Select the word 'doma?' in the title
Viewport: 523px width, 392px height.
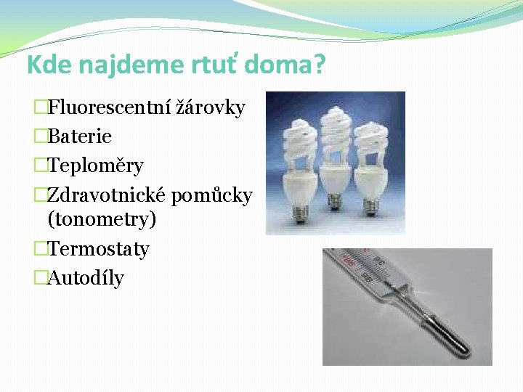285,65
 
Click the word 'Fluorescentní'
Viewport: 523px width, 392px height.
109,108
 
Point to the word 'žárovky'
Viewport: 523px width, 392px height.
211,108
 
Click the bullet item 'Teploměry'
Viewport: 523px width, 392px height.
95,166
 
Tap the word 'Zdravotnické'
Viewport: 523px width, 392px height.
107,195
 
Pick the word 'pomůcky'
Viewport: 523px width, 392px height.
212,195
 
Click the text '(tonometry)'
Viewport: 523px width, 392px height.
102,219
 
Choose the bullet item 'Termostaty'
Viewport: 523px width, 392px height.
98,249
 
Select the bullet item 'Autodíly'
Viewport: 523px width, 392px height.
86,278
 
